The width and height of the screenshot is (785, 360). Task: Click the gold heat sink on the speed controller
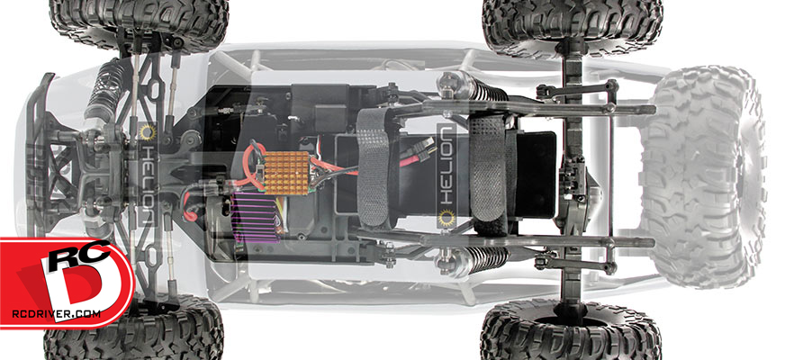[x=287, y=173]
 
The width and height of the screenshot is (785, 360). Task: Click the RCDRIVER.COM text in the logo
[x=56, y=314]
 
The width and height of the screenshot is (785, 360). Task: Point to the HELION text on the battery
[x=447, y=166]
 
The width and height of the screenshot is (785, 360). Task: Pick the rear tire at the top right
[x=573, y=23]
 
